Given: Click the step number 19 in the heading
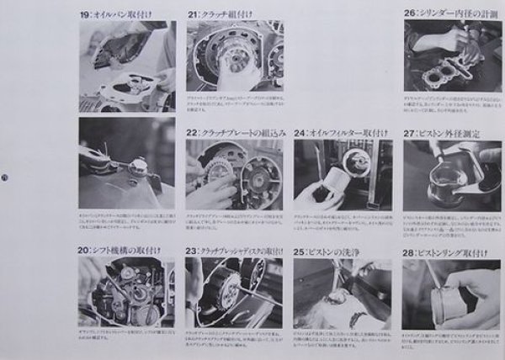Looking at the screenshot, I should point(85,14).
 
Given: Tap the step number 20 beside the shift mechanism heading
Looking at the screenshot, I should point(84,250).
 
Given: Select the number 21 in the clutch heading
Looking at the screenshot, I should point(193,14).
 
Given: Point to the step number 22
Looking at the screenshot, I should point(193,132).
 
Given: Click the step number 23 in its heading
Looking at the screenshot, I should point(193,250).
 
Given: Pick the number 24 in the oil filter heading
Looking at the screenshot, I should point(300,132).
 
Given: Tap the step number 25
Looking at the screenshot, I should point(300,250).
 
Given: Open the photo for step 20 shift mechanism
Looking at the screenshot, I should point(127,292).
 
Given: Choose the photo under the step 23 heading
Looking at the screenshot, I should point(235,292).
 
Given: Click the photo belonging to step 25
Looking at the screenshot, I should point(343,292).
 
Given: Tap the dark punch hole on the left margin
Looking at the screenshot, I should point(4,177).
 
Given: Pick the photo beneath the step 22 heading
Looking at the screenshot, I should point(235,174).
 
